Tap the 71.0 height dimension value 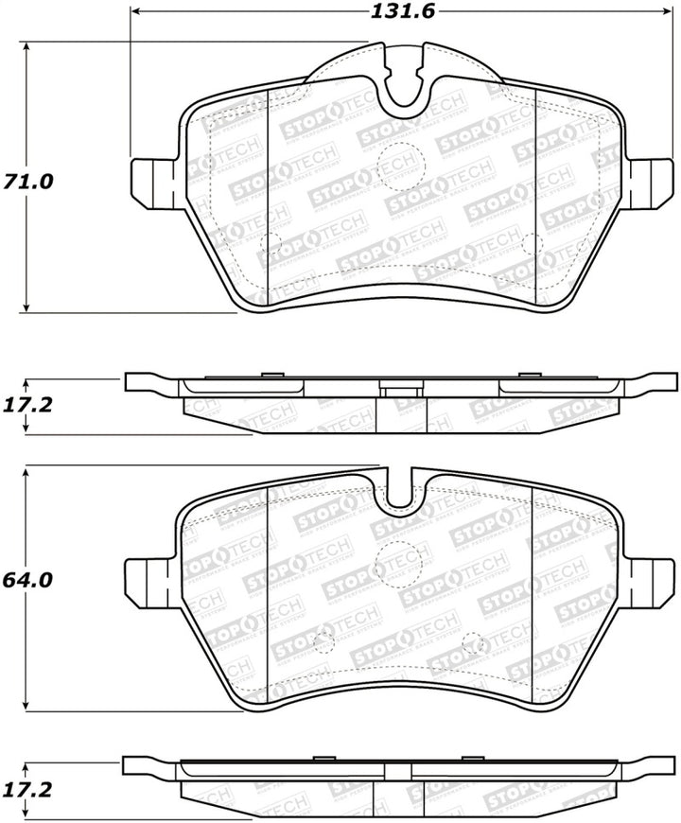pyautogui.click(x=25, y=180)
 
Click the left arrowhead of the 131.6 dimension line pyautogui.click(x=135, y=12)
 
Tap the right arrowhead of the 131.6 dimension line pyautogui.click(x=666, y=12)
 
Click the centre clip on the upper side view pyautogui.click(x=401, y=387)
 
